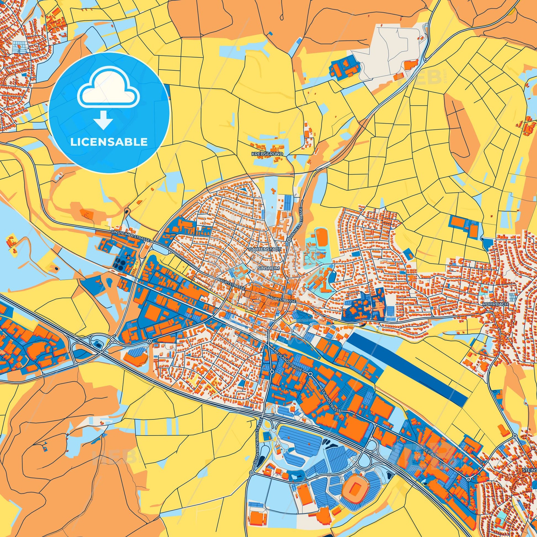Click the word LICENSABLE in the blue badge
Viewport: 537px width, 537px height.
109,142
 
